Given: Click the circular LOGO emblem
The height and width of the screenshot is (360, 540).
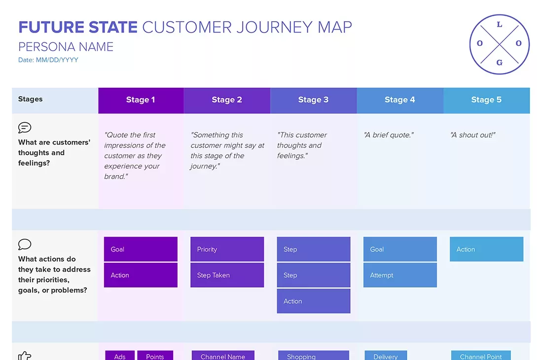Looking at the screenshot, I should click(x=499, y=43).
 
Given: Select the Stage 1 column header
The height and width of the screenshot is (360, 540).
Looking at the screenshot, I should click(x=141, y=100).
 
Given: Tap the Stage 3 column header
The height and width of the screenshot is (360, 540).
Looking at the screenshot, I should click(x=313, y=100).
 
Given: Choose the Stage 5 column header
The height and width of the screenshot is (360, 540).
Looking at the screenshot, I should click(x=486, y=100).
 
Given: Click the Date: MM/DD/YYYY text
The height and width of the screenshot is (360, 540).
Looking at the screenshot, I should click(x=48, y=60).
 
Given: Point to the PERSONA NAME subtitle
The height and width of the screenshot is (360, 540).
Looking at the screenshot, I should click(x=66, y=47).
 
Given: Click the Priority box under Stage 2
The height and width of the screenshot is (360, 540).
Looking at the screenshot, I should click(x=227, y=249).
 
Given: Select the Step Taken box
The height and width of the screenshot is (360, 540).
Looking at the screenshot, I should click(x=227, y=275).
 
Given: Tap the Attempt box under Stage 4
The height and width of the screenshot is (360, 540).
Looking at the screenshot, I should click(x=400, y=275).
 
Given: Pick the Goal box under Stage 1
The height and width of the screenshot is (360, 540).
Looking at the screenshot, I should click(x=141, y=249).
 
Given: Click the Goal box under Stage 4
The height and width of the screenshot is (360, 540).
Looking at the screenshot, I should click(x=400, y=249).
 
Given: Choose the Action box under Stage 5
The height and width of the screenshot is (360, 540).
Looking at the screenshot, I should click(x=486, y=249).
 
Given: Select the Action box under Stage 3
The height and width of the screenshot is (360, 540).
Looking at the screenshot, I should click(x=313, y=301).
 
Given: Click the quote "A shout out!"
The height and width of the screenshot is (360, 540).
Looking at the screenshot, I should click(x=473, y=135).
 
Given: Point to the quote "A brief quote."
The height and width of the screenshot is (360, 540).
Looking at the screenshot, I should click(x=389, y=135).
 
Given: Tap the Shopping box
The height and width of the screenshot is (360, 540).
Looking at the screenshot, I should click(x=313, y=356).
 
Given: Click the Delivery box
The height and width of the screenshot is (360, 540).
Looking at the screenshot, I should click(x=386, y=356).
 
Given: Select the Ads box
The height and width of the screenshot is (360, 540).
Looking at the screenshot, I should click(x=120, y=356).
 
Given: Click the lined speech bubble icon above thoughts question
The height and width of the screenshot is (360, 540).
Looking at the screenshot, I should click(x=25, y=128).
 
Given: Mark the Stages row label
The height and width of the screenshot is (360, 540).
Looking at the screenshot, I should click(x=31, y=99).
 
